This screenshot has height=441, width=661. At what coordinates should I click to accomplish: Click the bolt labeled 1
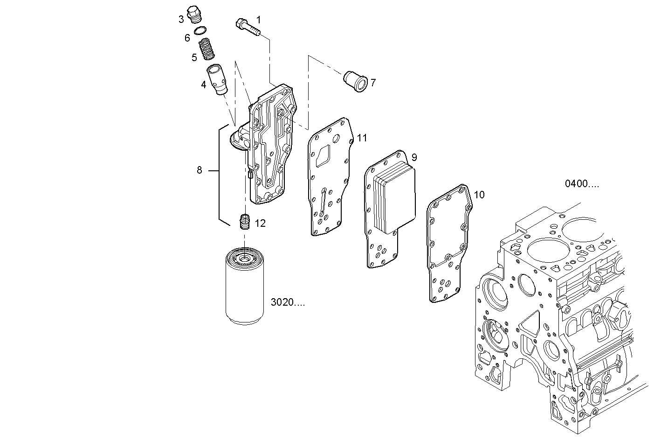click(x=248, y=26)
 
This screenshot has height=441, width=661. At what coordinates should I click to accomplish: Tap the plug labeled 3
click(x=193, y=14)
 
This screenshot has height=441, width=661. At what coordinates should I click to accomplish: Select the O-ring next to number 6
click(x=201, y=32)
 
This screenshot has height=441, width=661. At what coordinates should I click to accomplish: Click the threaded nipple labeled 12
click(x=245, y=222)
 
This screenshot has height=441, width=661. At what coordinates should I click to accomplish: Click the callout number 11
click(x=362, y=138)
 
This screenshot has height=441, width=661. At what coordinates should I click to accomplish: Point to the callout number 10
click(x=479, y=195)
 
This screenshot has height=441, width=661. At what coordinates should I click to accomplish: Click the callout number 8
click(x=200, y=170)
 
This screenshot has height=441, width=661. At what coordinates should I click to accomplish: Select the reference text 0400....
click(x=582, y=184)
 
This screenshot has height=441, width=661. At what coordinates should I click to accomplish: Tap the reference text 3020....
click(x=288, y=302)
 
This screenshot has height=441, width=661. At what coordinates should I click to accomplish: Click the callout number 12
click(x=260, y=224)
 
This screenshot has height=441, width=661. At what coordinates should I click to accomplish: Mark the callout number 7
click(x=373, y=83)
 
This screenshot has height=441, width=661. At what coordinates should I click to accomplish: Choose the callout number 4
click(x=203, y=84)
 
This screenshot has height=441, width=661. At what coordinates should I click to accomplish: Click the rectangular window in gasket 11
click(x=323, y=155)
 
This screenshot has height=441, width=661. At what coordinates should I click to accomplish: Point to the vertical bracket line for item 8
click(x=220, y=173)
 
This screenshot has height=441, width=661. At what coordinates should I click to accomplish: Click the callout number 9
click(x=414, y=157)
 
